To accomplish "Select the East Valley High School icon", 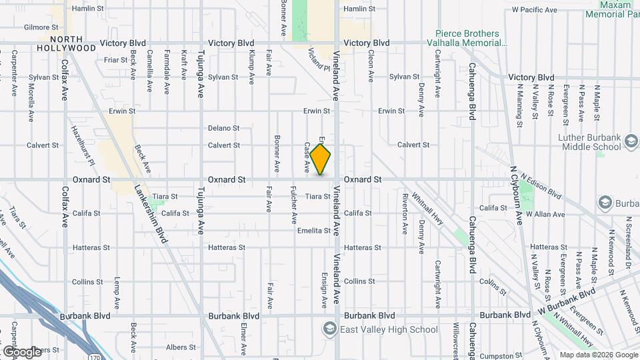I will click(329, 328).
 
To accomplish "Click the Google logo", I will click(21, 351).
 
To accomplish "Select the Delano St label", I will click(223, 128).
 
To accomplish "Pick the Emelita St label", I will click(314, 231).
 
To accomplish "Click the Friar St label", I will click(115, 60).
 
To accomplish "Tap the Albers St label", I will click(181, 347).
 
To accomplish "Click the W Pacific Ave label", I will click(534, 10).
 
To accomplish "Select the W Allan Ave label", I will click(545, 214).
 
